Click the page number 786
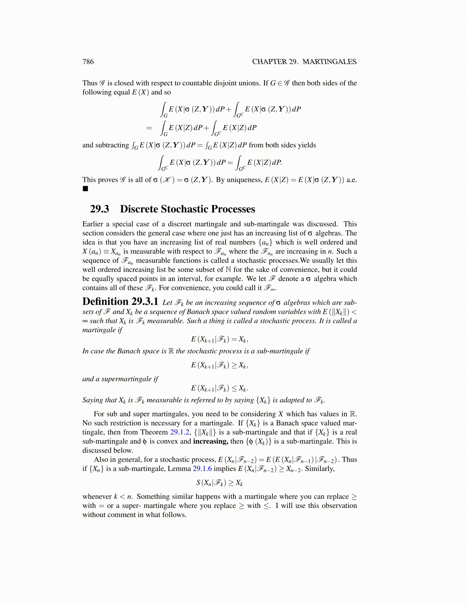click(x=88, y=62)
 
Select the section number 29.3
click(x=100, y=209)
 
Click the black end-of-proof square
click(x=85, y=189)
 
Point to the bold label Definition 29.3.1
click(x=120, y=302)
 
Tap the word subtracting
click(x=111, y=145)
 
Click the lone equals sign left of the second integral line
click(x=149, y=128)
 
